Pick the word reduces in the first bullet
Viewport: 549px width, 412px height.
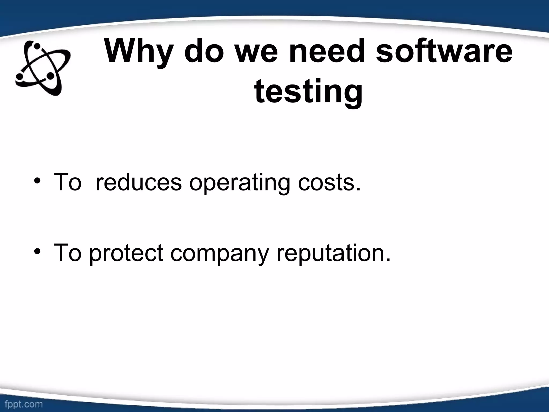tap(138, 182)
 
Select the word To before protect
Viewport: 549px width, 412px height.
tap(67, 253)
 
